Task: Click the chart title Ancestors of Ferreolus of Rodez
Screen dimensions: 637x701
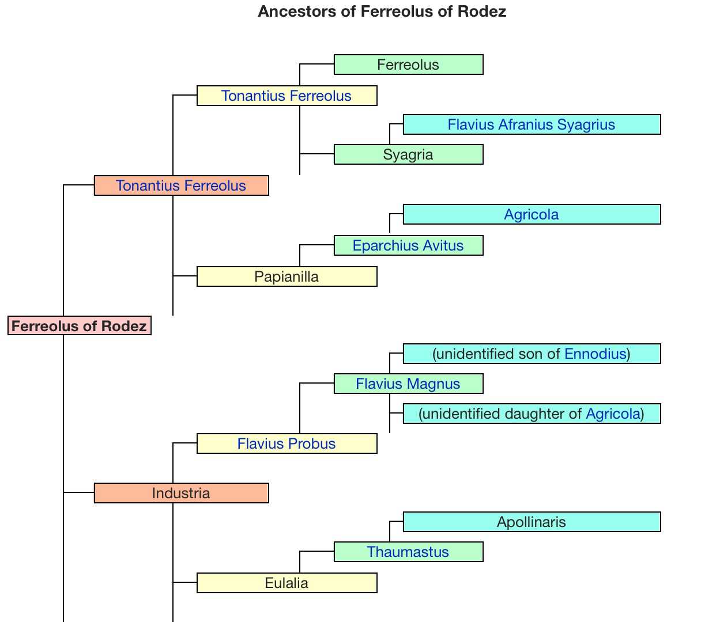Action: (382, 12)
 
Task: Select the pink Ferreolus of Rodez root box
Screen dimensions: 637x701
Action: (79, 326)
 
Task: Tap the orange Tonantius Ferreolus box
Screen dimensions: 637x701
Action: (181, 185)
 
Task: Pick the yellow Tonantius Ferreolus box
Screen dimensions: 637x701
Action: (287, 96)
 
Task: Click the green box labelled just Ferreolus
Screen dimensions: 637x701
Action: (408, 65)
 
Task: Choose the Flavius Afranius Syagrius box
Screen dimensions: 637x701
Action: (531, 124)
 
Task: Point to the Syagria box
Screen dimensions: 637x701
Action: (408, 154)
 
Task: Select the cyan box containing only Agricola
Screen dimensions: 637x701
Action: (531, 214)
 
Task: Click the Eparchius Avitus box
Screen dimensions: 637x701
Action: (408, 245)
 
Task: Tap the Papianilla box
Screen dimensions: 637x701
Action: (287, 276)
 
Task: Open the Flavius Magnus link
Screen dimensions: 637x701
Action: (408, 384)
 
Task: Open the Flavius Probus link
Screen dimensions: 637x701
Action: (287, 443)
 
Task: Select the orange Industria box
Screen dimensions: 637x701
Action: (181, 493)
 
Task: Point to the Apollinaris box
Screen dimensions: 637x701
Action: (531, 522)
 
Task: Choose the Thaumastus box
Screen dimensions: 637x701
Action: (408, 552)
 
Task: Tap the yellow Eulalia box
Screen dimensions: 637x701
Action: (287, 583)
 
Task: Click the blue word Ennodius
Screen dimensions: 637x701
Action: (595, 354)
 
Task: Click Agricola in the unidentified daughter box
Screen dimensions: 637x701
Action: (613, 414)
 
